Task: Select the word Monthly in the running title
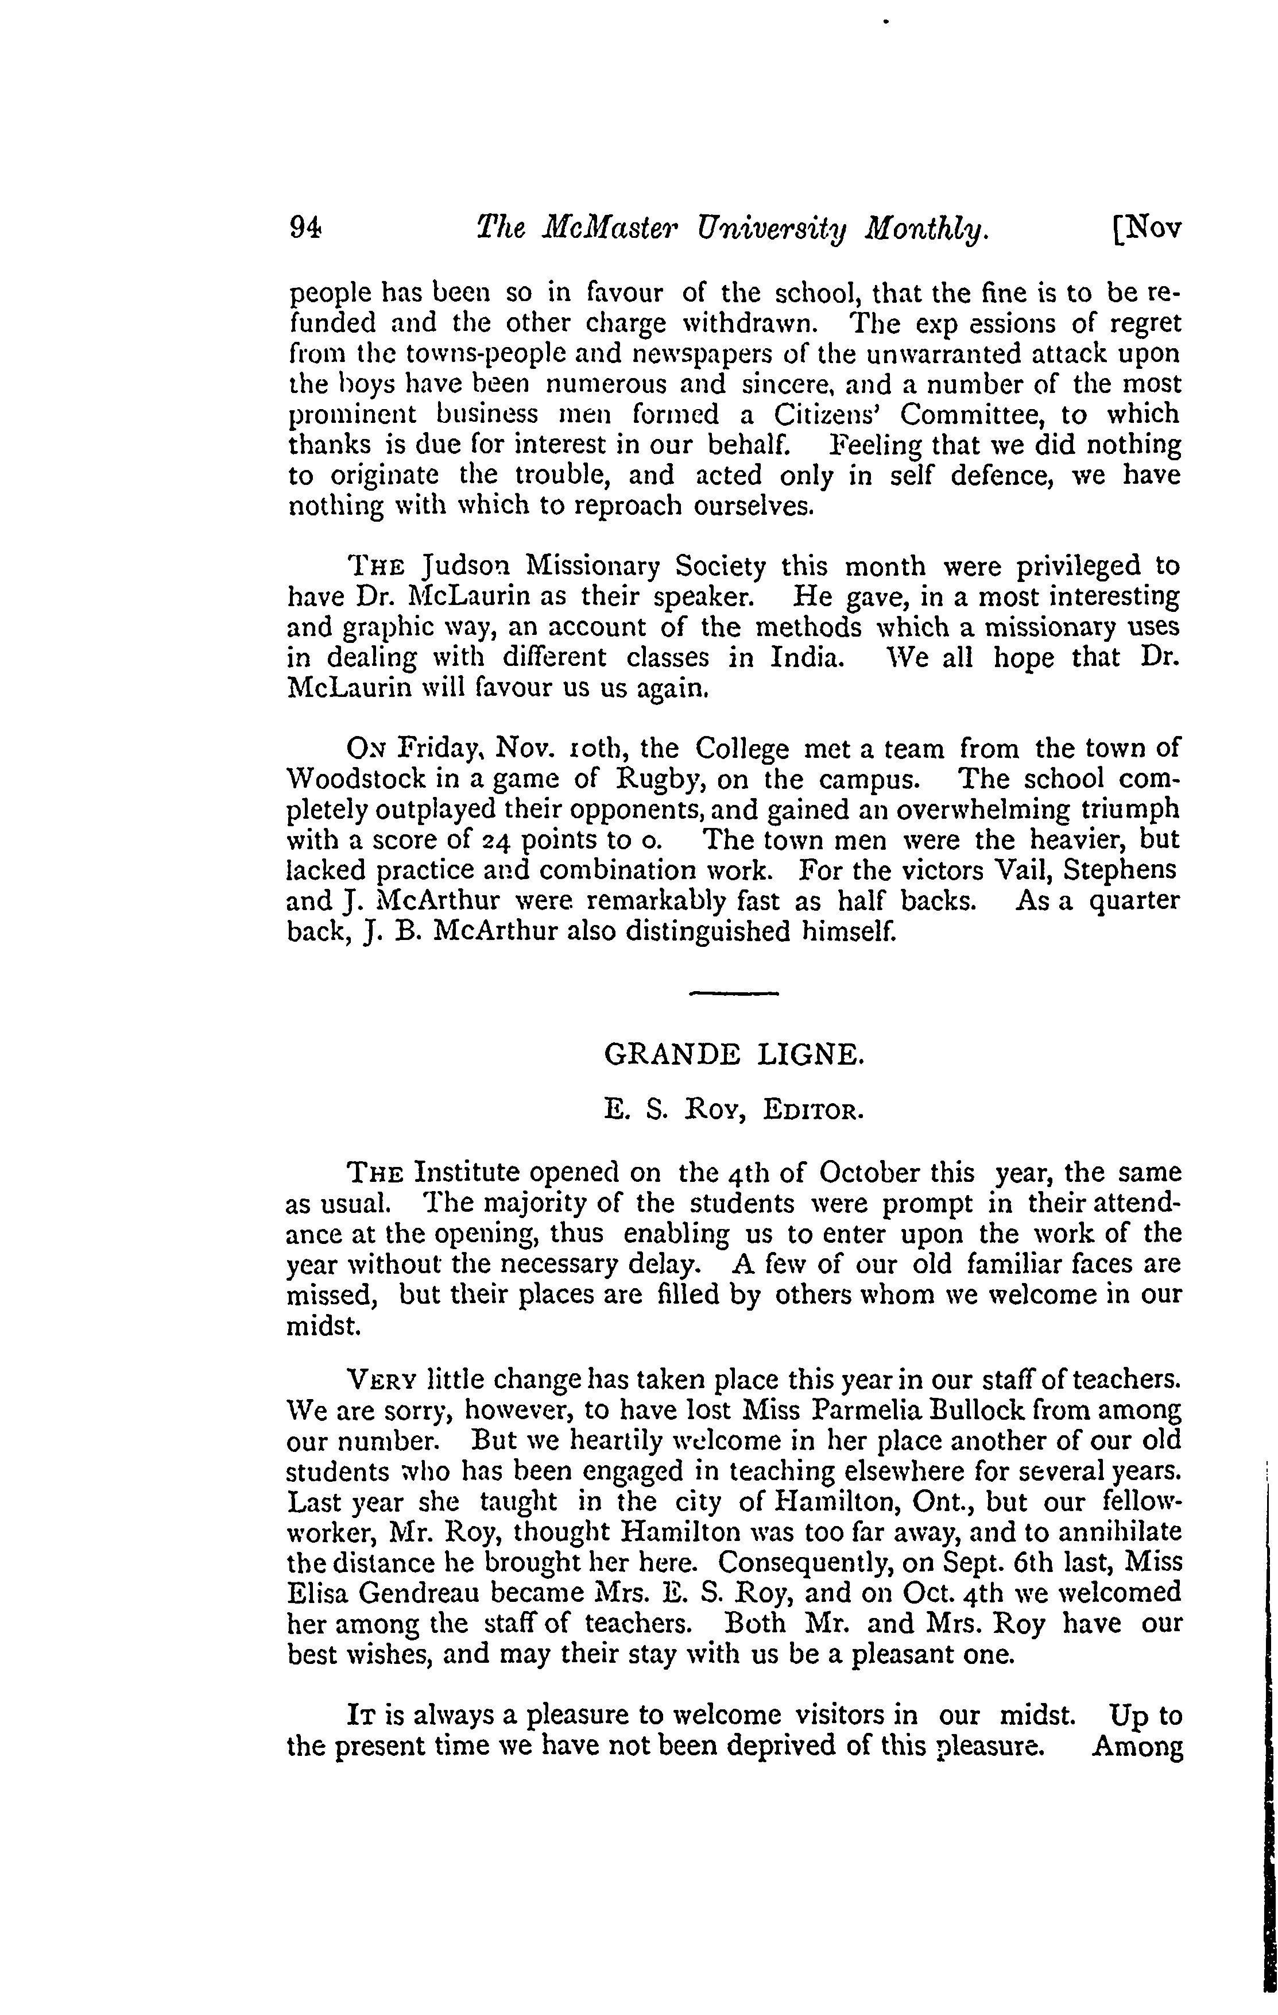click(x=928, y=229)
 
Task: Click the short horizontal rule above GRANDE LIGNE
click(x=734, y=993)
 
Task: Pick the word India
click(x=805, y=658)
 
